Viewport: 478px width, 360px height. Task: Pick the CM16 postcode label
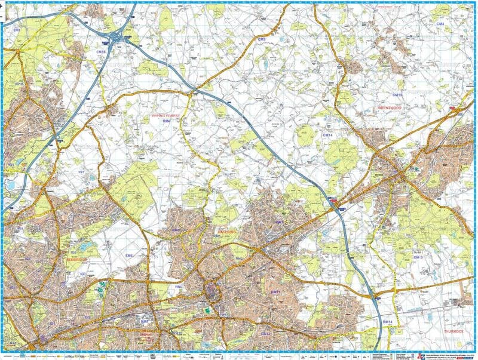(x=101, y=53)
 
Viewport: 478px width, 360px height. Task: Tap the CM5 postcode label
(x=261, y=39)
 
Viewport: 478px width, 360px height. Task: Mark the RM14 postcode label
(x=387, y=322)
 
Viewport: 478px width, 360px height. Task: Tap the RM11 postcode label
(x=275, y=291)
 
